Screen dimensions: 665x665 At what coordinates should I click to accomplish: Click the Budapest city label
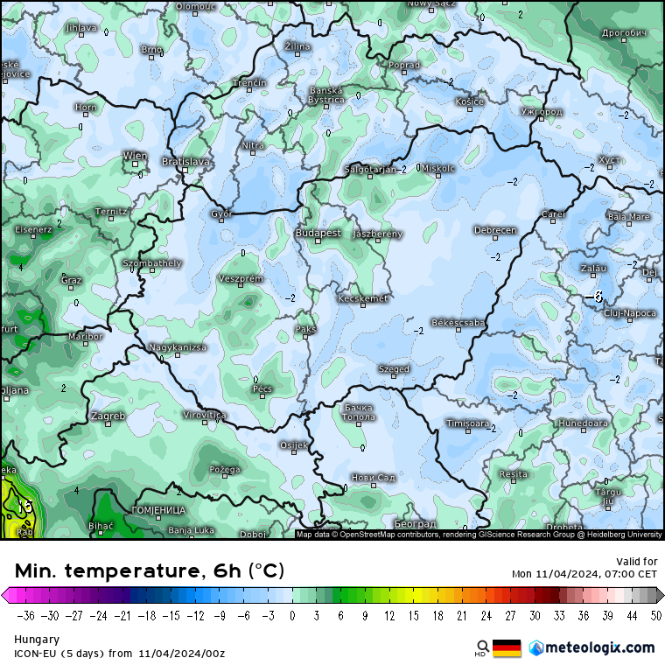(x=318, y=233)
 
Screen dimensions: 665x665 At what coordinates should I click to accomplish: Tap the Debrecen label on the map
(x=495, y=230)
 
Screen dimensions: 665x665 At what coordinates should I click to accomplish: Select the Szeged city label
(x=394, y=369)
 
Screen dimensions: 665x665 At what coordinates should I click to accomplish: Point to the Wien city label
(x=135, y=155)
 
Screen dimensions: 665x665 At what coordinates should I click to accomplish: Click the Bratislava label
(x=185, y=162)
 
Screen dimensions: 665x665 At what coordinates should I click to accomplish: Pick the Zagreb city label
(x=108, y=416)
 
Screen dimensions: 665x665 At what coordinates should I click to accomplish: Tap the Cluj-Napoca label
(x=630, y=312)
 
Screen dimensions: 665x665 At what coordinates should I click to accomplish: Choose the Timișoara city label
(x=467, y=423)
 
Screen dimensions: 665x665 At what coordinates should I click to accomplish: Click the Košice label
(x=470, y=101)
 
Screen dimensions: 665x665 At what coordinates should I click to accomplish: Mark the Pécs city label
(x=262, y=388)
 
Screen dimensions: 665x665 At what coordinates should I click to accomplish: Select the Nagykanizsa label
(x=178, y=347)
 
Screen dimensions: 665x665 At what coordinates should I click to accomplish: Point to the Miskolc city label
(x=438, y=167)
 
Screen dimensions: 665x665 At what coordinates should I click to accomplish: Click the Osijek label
(x=293, y=445)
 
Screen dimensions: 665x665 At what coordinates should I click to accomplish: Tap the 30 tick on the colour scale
(x=534, y=614)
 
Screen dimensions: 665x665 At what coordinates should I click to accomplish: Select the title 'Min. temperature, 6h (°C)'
(x=150, y=571)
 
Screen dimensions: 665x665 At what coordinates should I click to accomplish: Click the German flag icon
(x=507, y=647)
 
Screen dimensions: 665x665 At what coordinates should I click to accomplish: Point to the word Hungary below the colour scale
(x=37, y=640)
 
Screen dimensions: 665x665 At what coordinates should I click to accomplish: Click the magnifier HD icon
(x=482, y=647)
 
